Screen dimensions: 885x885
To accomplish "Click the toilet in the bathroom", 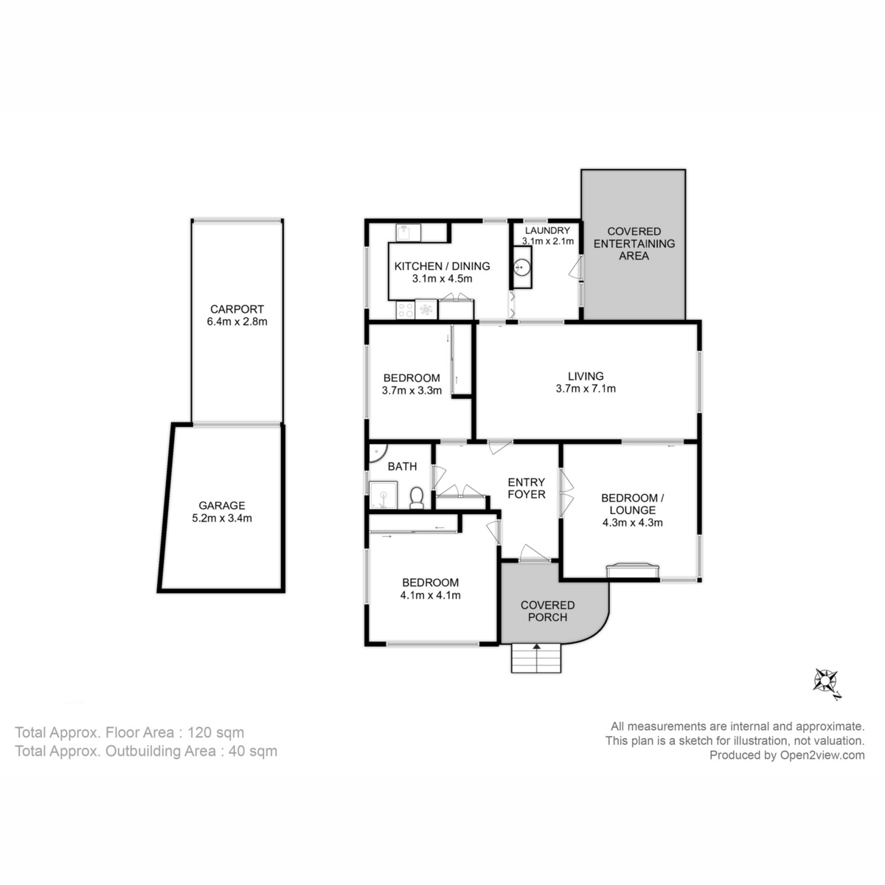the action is coord(417,498).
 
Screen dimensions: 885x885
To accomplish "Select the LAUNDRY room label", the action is coord(547,231).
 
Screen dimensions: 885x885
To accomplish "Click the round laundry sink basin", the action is coord(521,267).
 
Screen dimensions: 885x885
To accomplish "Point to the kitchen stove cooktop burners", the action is coord(405,310).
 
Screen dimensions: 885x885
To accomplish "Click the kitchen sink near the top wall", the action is coord(408,233).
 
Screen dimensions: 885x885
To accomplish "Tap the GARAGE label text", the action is coord(222,506).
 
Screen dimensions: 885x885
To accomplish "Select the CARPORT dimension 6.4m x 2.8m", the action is coord(237,322).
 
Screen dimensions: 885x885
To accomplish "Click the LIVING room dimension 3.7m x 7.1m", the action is coord(586,389).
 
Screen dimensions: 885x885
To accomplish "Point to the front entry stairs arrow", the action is coord(536,648).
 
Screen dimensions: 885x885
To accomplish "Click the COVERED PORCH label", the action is coord(547,611).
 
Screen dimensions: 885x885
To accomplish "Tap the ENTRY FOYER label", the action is coord(527,488).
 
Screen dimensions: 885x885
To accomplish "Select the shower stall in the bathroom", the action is coord(383,495).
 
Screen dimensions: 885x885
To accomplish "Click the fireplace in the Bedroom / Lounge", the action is coord(633,570).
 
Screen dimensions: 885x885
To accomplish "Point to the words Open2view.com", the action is coord(822,755).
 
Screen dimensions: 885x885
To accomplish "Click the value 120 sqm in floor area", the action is coord(215,732).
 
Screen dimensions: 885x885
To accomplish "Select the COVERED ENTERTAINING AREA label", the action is coord(634,243).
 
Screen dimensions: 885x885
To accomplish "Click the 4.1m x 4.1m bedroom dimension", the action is coord(430,595).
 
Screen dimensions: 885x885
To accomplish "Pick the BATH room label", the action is coord(403,467).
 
